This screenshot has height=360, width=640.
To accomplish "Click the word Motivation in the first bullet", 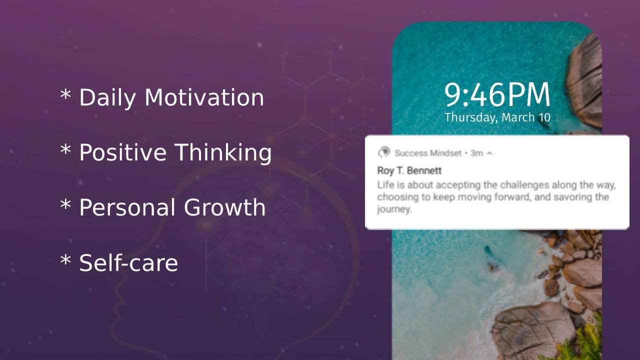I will (204, 97).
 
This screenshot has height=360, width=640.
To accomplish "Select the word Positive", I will (122, 152).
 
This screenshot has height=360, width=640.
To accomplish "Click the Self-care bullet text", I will (128, 262).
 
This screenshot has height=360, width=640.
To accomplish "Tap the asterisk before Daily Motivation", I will (65, 94).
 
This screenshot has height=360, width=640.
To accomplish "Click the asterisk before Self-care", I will (65, 260).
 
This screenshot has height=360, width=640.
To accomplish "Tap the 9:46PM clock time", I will (497, 95).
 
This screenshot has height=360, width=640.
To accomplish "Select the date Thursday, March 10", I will (497, 118).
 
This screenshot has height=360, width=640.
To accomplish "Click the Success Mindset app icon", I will (384, 152).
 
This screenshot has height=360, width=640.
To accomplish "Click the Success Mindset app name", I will (428, 153).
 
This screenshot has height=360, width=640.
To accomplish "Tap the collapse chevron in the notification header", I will (489, 153).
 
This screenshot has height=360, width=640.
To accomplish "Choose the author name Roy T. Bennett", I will (409, 171).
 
